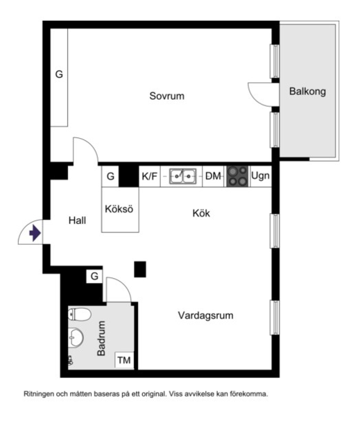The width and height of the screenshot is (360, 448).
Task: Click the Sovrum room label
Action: [166, 96]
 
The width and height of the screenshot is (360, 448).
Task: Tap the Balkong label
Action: [307, 92]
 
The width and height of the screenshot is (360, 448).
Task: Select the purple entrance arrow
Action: [35, 233]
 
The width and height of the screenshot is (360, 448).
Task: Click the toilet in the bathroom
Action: [79, 314]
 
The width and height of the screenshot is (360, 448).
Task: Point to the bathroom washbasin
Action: [76, 337]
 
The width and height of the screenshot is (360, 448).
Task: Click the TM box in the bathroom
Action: [124, 360]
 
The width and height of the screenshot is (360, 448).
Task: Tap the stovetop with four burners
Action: [237, 177]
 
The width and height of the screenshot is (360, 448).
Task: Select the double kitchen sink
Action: [183, 176]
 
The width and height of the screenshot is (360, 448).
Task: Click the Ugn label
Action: [260, 175]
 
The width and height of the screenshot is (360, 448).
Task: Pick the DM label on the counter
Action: [213, 176]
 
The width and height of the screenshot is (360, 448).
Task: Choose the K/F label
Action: [149, 176]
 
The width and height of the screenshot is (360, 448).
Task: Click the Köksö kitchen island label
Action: [119, 209]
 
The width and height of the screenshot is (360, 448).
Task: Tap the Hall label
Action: [77, 221]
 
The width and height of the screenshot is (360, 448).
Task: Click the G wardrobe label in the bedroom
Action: [59, 74]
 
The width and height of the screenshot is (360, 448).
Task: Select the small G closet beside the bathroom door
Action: [94, 276]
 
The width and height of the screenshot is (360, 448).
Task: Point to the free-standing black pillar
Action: [140, 269]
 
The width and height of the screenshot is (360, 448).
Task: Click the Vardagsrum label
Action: [206, 316]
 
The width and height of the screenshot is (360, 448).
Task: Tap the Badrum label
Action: [101, 338]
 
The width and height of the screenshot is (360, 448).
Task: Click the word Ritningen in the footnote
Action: [39, 394]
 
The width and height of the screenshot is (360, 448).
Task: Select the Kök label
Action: [201, 213]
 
